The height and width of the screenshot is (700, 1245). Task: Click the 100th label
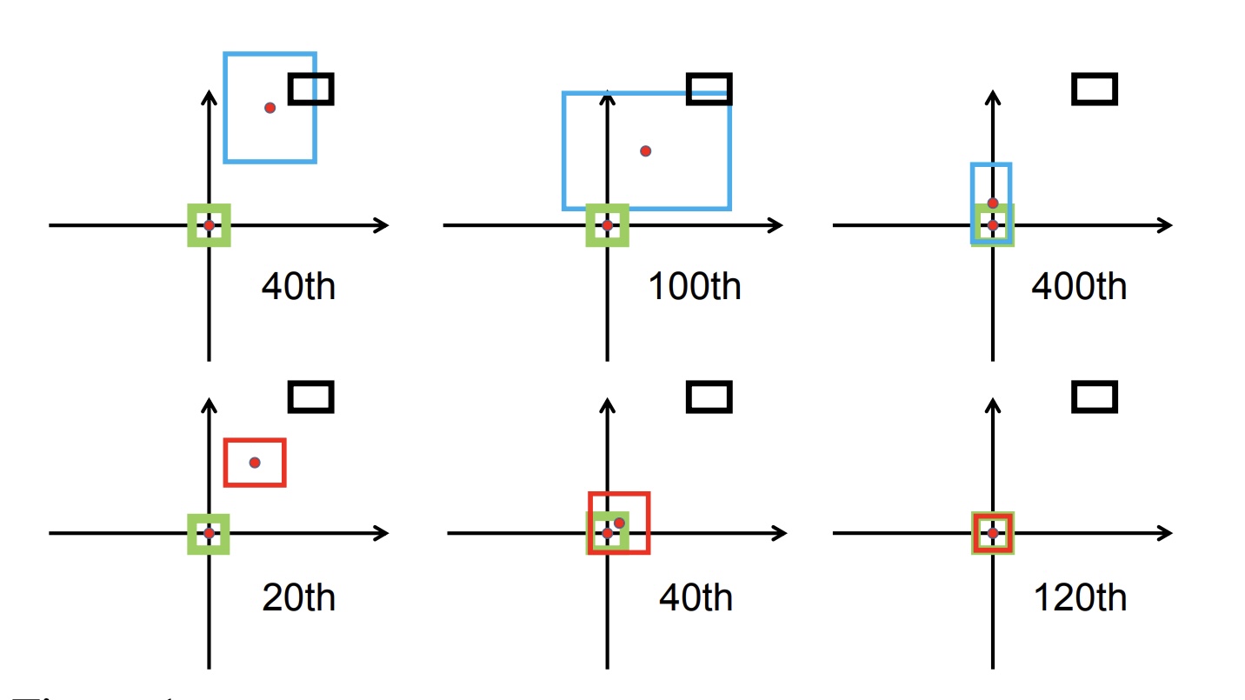coord(695,286)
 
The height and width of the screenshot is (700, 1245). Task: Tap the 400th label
coord(1079,286)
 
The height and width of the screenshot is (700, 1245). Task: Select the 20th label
coord(298,597)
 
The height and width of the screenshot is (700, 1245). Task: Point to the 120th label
coord(1080,597)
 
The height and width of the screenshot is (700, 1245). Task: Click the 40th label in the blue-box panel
coord(298,286)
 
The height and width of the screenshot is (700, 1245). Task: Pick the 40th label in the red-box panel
coord(696,597)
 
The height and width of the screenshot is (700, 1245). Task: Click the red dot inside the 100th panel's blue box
coord(645,150)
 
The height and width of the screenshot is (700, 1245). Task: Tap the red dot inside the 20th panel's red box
coord(255,462)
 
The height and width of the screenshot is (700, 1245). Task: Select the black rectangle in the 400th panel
coord(1095,89)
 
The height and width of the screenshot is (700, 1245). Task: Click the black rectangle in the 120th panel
coord(1095,397)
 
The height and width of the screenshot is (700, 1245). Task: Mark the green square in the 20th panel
coord(209,533)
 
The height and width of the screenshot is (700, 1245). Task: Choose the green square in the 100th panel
coord(607,225)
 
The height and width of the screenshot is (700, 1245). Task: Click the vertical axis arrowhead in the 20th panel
coord(209,402)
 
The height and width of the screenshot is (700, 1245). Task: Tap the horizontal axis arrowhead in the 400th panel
coord(1166,225)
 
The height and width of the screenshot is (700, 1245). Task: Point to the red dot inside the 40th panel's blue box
coord(270,108)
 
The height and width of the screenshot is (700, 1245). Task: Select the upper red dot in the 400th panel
coord(993,203)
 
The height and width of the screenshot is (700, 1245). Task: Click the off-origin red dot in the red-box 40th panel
coord(619,523)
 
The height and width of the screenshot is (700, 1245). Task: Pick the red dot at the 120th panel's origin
coord(993,533)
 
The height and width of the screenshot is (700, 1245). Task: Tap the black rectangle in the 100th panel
coord(709,89)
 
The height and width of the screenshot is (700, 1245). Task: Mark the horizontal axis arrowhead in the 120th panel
coord(1166,533)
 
